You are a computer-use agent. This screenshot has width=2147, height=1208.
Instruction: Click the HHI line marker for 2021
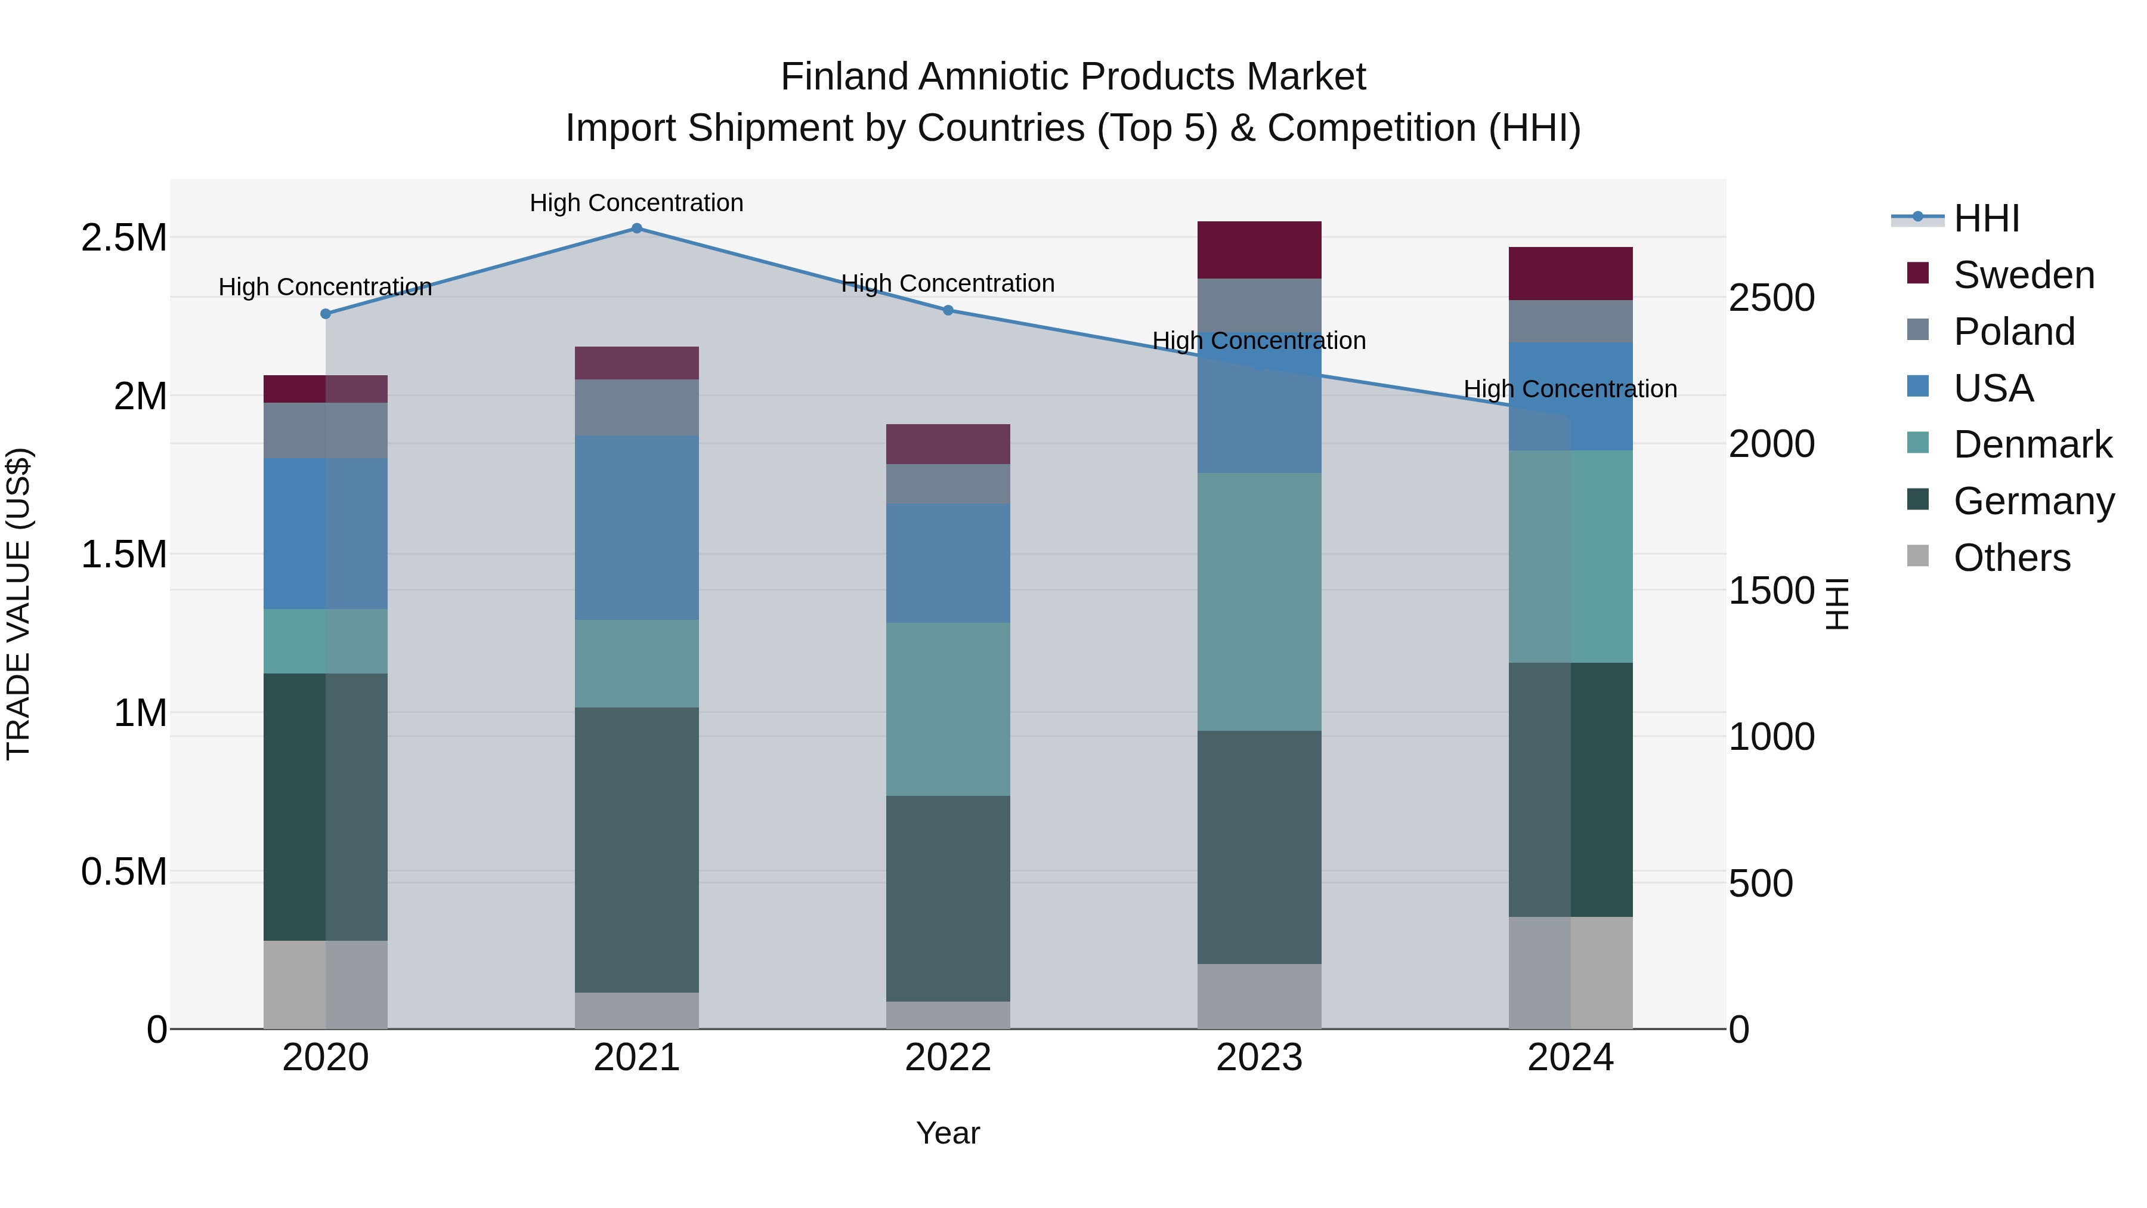tap(637, 228)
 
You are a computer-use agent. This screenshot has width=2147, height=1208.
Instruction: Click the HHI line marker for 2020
tap(326, 313)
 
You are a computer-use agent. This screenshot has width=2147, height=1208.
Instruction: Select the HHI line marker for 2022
tap(948, 310)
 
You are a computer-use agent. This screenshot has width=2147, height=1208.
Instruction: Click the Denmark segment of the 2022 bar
tap(948, 709)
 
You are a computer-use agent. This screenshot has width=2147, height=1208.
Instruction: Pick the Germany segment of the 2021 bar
tap(637, 849)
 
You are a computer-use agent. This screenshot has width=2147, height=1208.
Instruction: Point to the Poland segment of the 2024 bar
tap(1570, 321)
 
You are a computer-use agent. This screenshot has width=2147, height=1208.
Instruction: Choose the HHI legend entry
tap(1985, 218)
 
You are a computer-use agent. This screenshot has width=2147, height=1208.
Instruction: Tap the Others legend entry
tap(2010, 558)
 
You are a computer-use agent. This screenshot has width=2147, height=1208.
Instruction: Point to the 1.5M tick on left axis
tap(123, 554)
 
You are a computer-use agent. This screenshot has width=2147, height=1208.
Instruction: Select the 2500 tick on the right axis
tap(1771, 298)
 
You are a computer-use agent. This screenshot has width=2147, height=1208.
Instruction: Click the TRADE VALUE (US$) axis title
tap(18, 604)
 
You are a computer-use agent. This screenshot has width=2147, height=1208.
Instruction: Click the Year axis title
tap(948, 1133)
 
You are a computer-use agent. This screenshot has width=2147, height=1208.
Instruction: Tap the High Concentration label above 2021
tap(637, 203)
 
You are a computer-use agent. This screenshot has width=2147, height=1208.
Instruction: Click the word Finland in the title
tap(844, 77)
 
